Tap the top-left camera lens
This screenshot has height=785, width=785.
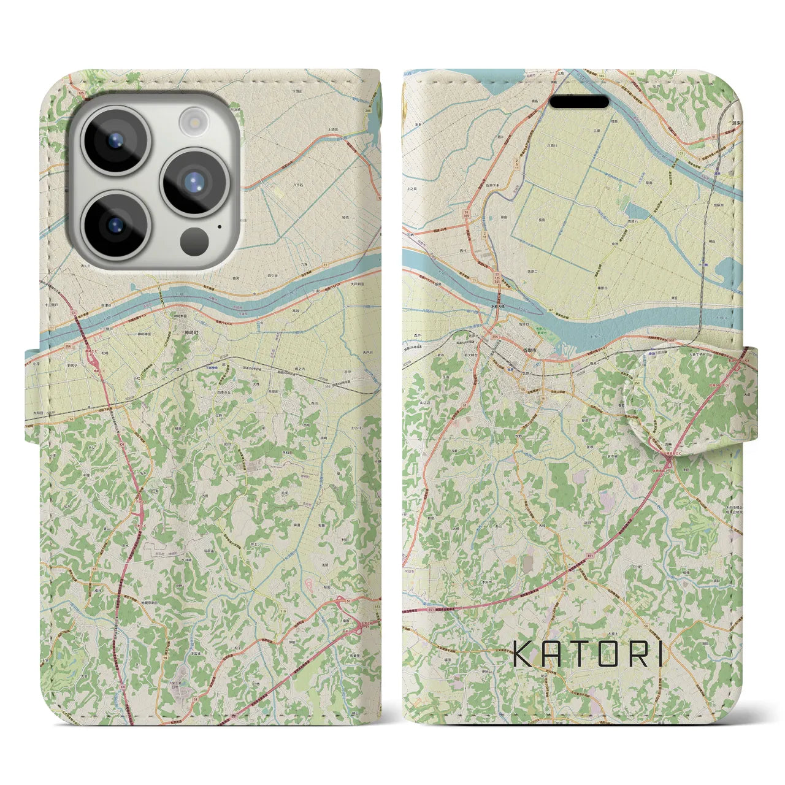click(x=115, y=140)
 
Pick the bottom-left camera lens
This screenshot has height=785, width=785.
click(x=115, y=224)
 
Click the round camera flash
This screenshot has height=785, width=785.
click(x=194, y=120)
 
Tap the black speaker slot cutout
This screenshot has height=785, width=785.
click(x=578, y=102)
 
